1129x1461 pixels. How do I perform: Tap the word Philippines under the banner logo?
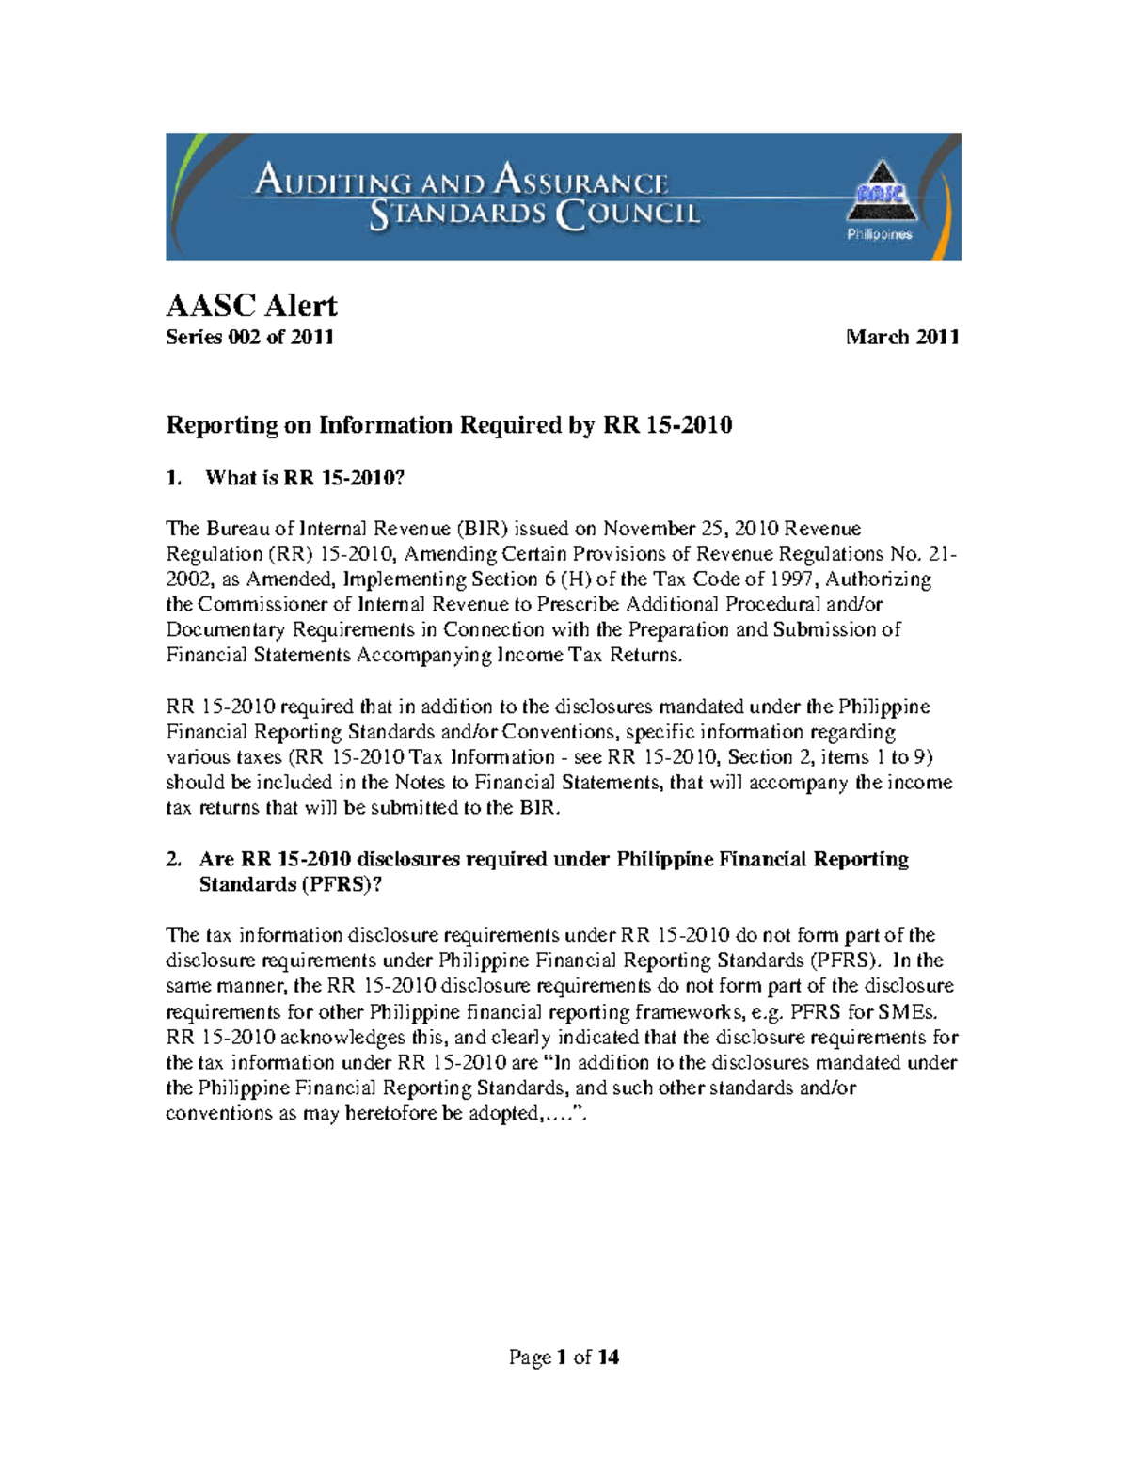point(879,234)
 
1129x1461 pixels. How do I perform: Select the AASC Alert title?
point(251,305)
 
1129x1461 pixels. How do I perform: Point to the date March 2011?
point(901,337)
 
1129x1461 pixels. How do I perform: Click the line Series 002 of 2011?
point(249,337)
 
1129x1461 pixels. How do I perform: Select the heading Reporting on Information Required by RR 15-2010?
point(449,425)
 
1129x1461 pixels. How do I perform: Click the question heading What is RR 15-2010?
point(304,478)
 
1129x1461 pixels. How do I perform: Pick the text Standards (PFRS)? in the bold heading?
point(290,884)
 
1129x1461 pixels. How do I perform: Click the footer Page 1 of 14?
point(564,1357)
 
